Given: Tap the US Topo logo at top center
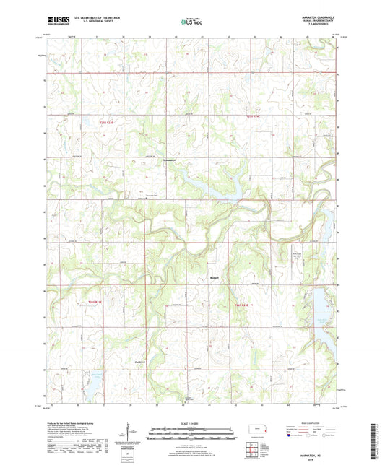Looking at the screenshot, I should tap(191, 22).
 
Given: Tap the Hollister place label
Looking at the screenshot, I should tap(141, 362).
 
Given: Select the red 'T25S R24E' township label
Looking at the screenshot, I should tap(249, 116).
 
